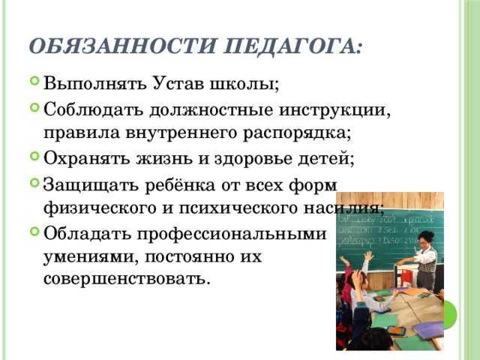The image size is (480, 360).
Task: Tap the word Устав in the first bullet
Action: point(173,81)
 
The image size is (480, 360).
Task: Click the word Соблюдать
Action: point(94,110)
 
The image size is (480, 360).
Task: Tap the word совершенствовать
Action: point(127,279)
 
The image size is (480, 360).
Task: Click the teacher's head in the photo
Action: point(425,239)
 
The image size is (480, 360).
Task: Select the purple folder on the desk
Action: point(427,329)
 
